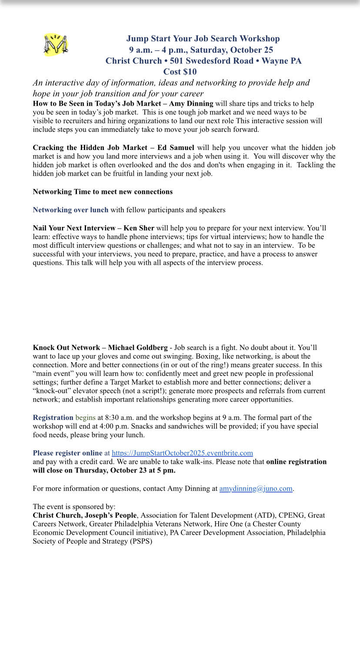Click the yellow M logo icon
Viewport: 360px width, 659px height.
56,44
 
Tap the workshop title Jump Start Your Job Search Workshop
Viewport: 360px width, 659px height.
203,39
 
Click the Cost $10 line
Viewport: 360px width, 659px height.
180,72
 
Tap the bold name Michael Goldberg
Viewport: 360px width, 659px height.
138,347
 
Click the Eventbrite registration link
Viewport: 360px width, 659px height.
182,453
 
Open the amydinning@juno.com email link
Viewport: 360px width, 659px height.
256,489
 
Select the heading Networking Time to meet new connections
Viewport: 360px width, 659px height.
103,192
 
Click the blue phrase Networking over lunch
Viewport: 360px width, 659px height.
70,210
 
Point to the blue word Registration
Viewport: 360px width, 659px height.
53,418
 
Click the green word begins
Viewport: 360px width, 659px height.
85,418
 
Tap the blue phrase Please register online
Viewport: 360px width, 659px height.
67,453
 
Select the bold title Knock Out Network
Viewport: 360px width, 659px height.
66,347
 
